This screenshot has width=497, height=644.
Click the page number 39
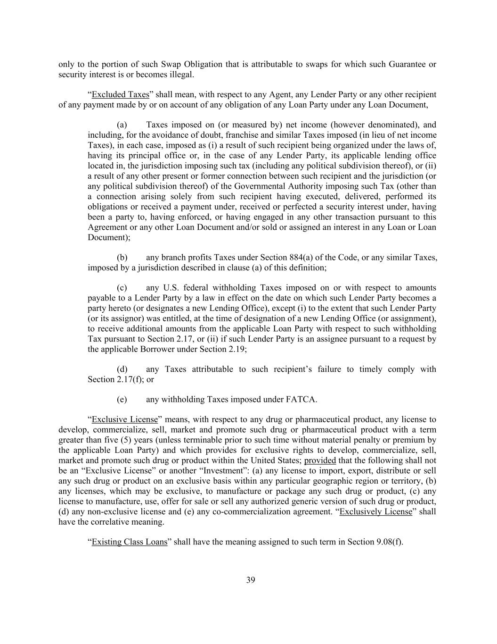(x=251, y=580)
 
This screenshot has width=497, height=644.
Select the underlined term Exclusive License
(x=125, y=419)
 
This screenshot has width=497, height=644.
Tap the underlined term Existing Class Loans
(x=130, y=542)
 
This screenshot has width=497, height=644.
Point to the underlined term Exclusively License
(x=375, y=511)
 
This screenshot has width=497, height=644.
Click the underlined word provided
(x=320, y=460)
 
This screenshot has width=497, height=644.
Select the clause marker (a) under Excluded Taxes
(x=122, y=125)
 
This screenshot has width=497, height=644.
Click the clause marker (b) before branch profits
(x=122, y=258)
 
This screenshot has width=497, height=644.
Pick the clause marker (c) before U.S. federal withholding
(x=122, y=288)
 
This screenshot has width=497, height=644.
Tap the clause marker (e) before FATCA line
(x=122, y=400)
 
